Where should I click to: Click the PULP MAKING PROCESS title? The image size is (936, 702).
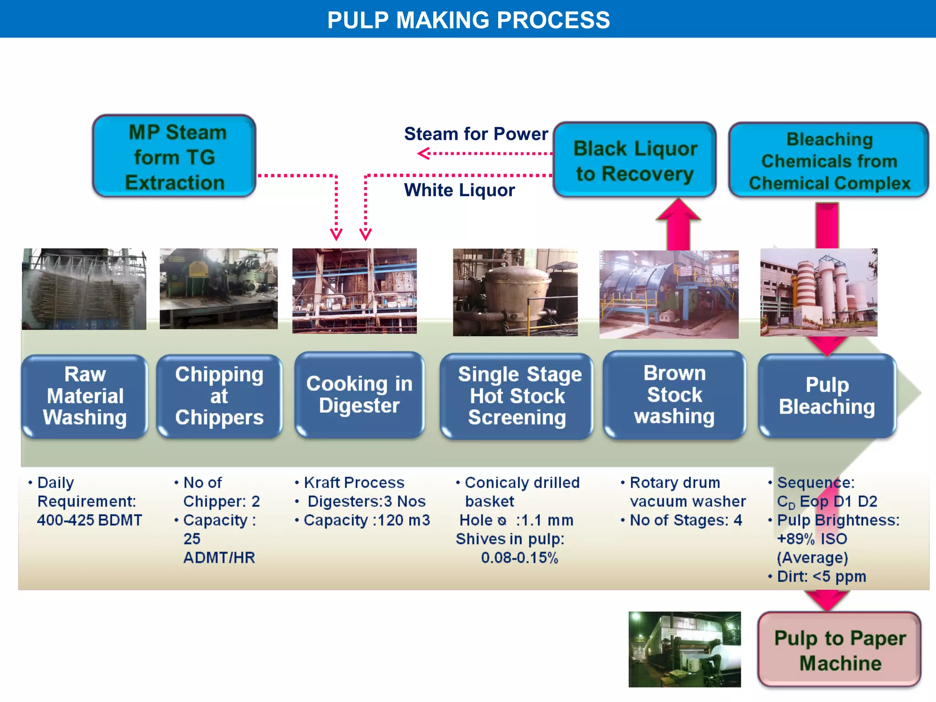click(468, 20)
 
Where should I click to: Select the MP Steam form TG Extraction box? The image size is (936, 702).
click(174, 157)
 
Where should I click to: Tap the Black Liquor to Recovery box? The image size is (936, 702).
click(635, 160)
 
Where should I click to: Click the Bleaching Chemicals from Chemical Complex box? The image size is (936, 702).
click(829, 160)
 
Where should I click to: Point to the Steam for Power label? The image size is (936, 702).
click(475, 134)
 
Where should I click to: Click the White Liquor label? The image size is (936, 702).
click(459, 190)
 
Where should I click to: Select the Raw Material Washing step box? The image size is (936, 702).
click(85, 396)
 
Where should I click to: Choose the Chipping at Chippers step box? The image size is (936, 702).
click(219, 396)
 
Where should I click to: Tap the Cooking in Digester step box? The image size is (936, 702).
click(359, 394)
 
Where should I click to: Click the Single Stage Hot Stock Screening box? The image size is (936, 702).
click(517, 396)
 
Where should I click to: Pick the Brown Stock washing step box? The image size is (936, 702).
click(674, 395)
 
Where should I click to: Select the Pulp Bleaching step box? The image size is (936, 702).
click(827, 396)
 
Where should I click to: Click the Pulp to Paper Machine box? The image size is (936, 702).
click(840, 650)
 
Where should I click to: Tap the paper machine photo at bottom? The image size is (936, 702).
click(684, 649)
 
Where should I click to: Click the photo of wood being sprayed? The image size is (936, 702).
click(84, 289)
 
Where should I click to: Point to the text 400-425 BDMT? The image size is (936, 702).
click(90, 520)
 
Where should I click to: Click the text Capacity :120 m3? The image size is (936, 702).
click(367, 520)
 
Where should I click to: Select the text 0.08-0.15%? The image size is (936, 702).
click(519, 558)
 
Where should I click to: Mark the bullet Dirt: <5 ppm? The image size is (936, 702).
click(821, 576)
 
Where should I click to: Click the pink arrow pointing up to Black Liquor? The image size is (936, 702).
click(678, 225)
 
